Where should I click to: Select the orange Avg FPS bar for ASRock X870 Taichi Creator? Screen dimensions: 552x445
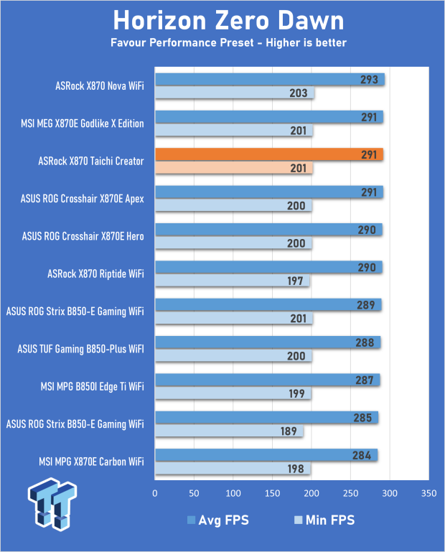click(268, 154)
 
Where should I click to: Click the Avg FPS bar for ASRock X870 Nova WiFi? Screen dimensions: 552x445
click(269, 79)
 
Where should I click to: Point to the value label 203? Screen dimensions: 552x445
click(298, 93)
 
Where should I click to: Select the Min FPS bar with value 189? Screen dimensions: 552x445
click(228, 431)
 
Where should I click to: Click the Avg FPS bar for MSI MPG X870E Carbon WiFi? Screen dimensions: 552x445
click(266, 455)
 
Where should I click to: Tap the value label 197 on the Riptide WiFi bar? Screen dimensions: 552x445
click(296, 281)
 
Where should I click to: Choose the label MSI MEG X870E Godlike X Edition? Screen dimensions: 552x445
click(83, 123)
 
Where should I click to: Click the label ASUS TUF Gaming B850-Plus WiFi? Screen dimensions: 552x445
click(80, 350)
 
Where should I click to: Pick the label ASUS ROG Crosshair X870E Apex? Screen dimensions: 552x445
click(83, 199)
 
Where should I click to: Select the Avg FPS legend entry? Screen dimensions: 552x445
click(217, 520)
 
